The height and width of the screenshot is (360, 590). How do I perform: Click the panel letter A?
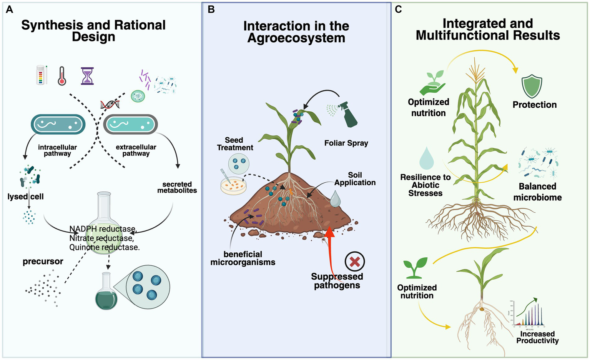[10, 10]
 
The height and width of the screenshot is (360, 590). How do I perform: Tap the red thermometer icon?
[62, 76]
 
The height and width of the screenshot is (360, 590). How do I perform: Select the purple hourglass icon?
[87, 76]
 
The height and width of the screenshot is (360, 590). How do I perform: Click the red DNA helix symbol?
[110, 104]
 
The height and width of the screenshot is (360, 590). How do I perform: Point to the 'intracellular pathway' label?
[57, 150]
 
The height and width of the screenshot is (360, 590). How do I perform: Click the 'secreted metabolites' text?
[177, 187]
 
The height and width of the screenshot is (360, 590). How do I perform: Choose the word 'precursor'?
[43, 262]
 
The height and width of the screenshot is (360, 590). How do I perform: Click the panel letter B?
[211, 10]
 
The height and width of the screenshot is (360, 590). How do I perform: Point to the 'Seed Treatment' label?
[234, 144]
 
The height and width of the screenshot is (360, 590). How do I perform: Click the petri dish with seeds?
[233, 185]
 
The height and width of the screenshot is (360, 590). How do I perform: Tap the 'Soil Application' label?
[355, 179]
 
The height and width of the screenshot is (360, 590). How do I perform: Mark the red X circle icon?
[354, 262]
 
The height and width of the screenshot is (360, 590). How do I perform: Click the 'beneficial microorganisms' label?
[243, 258]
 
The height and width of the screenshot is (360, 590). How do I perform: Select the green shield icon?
[532, 87]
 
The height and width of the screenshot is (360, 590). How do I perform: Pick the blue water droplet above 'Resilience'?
[426, 158]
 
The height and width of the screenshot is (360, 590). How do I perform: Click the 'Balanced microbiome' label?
[537, 192]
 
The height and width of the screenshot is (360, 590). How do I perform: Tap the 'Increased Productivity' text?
[537, 337]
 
